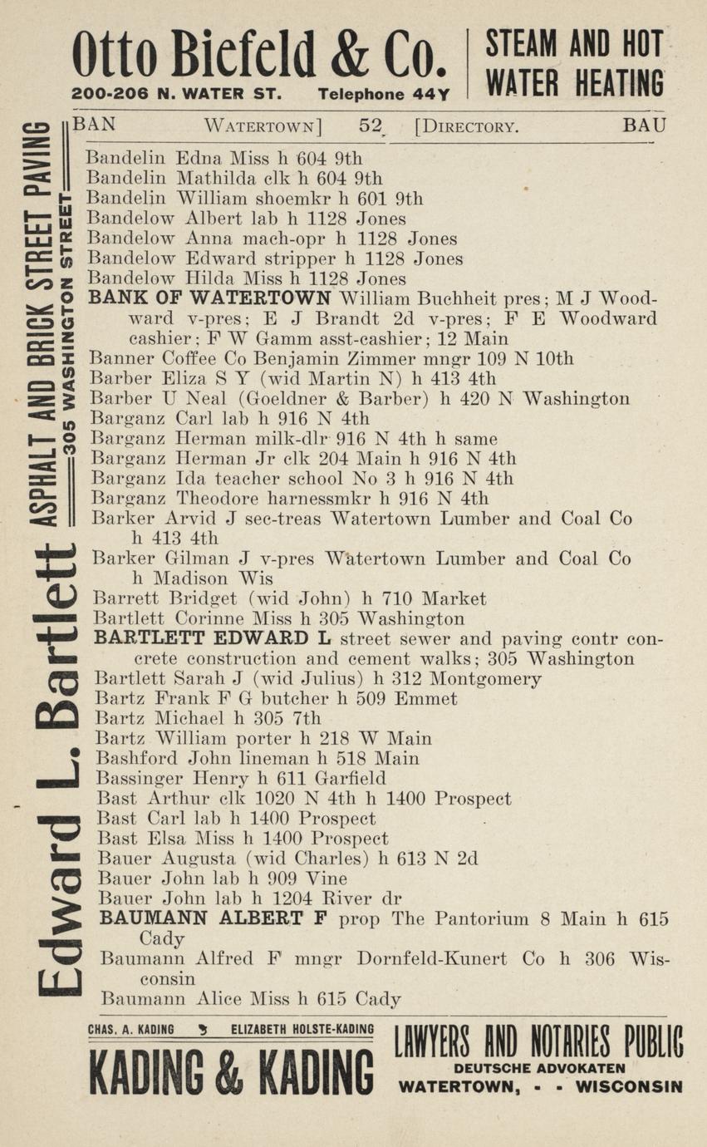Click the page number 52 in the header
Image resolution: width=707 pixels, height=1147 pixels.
tap(370, 126)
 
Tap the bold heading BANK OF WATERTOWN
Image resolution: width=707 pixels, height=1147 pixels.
tap(210, 299)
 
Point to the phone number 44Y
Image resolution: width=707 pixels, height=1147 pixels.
tap(431, 95)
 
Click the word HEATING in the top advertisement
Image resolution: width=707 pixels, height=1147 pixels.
tap(618, 83)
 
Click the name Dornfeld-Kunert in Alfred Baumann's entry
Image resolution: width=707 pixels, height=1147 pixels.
tap(431, 959)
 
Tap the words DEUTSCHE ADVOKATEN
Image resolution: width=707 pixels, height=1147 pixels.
tap(539, 1069)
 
